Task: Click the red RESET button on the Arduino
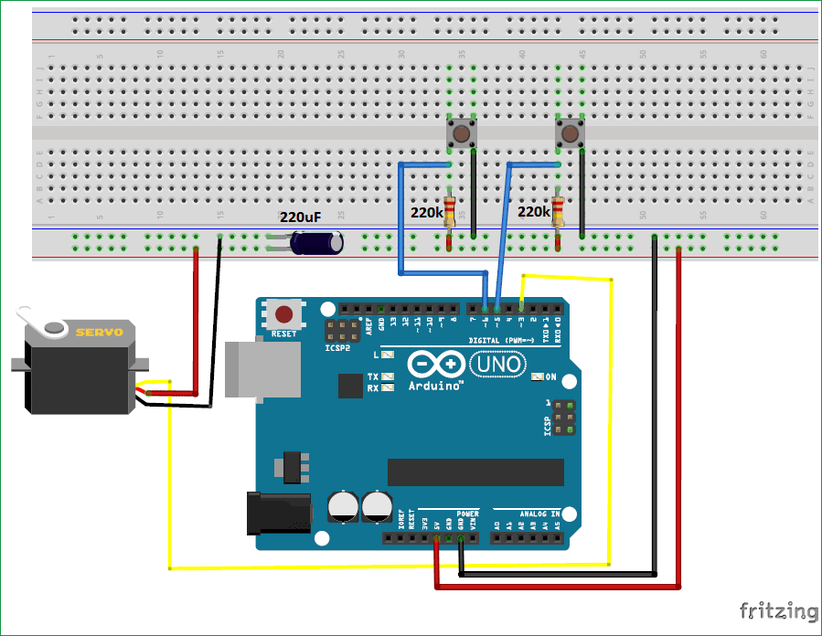tap(284, 315)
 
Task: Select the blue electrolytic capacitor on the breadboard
tap(317, 243)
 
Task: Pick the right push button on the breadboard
tap(570, 135)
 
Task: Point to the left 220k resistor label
tap(426, 212)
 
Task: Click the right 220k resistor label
tap(534, 212)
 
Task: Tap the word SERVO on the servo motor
tap(99, 332)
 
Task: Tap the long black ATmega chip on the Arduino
tap(475, 472)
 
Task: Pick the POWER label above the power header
tap(467, 514)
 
